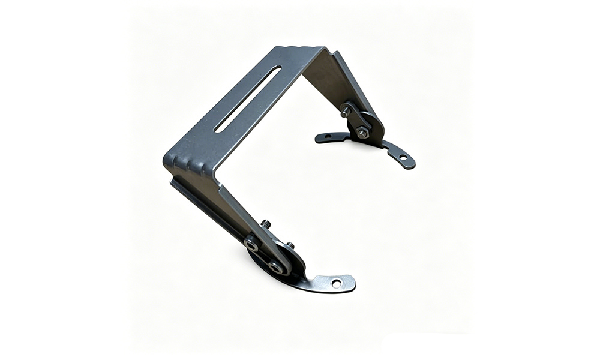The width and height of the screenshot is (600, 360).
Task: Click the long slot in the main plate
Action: [x=248, y=99]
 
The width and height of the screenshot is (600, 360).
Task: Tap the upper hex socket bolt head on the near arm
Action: [x=251, y=244]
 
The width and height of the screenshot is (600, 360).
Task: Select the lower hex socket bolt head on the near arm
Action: [x=276, y=267]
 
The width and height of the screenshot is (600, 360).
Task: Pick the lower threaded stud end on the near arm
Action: [x=290, y=245]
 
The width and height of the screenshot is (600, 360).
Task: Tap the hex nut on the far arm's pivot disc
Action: [x=362, y=133]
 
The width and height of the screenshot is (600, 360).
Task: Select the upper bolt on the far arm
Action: [x=346, y=112]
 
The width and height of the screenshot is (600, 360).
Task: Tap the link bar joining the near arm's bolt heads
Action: [x=264, y=256]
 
